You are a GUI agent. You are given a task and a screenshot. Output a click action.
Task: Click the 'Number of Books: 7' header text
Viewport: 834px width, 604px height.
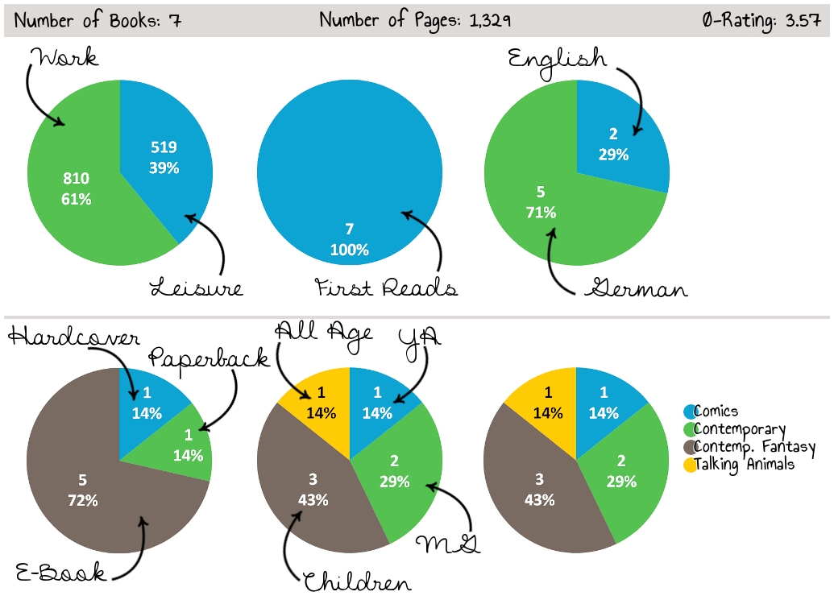[x=98, y=20]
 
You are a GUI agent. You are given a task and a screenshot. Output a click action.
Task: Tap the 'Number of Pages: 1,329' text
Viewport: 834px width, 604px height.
[x=415, y=20]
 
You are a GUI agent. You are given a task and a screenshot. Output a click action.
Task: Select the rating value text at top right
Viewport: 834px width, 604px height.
[x=761, y=20]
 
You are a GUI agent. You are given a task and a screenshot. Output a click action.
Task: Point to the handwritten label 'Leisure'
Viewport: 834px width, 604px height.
[x=197, y=288]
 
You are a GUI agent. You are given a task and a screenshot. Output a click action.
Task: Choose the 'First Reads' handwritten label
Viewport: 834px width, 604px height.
[x=385, y=288]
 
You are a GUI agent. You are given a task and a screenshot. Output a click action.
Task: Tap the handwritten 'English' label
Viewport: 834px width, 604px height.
[x=557, y=58]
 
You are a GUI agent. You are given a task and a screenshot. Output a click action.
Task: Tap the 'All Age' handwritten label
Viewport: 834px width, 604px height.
[x=324, y=331]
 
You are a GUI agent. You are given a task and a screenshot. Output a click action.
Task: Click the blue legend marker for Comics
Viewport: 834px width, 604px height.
[x=690, y=412]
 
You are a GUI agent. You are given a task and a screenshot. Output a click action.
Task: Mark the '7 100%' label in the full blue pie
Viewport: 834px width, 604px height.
[x=350, y=239]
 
